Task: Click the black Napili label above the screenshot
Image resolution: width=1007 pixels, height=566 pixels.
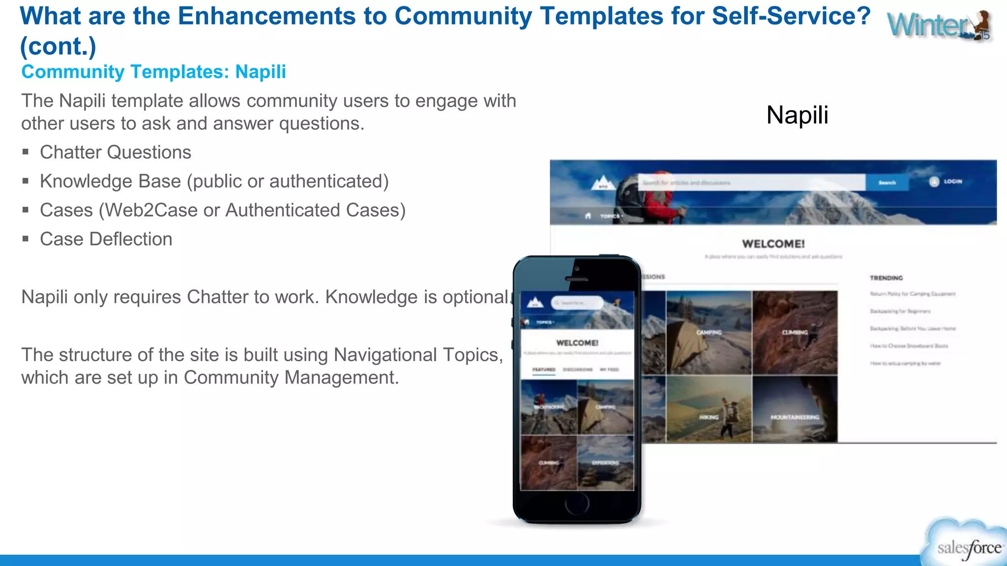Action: [x=797, y=115]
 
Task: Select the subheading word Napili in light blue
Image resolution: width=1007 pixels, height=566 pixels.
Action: [x=261, y=72]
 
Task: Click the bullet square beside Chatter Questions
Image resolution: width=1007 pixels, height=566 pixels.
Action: [x=26, y=152]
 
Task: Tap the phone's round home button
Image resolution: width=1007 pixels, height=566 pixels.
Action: [x=577, y=503]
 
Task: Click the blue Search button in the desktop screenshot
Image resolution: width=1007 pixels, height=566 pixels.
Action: [x=887, y=183]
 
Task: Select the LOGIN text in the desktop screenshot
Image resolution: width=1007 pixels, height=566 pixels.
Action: [x=952, y=182]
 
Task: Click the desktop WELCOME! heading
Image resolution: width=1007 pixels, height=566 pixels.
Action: [x=773, y=244]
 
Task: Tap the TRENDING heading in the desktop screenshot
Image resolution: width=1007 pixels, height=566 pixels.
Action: [x=886, y=278]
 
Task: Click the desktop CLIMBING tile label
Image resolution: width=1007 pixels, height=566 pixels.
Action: [x=795, y=333]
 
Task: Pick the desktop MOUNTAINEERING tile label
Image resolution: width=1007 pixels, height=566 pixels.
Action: [x=795, y=417]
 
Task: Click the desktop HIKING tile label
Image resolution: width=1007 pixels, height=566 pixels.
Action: [x=709, y=417]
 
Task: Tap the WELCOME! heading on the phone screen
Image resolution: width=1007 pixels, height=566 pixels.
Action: [x=577, y=343]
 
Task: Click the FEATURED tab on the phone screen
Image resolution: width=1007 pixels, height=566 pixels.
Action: [x=544, y=369]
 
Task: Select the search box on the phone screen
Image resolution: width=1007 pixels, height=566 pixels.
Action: [x=577, y=303]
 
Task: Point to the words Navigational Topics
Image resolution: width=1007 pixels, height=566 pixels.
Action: [x=418, y=355]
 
